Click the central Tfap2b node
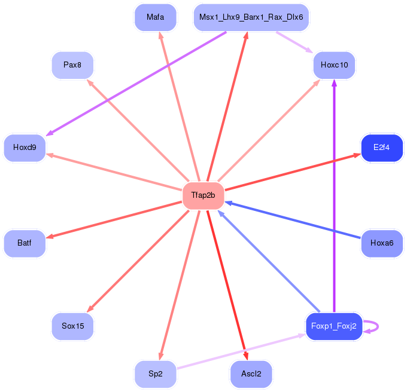tap(203, 195)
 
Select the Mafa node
tap(156, 17)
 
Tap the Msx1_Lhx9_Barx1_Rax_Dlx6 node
tap(251, 17)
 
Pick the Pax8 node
tap(72, 65)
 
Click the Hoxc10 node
tap(335, 65)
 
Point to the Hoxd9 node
tap(25, 148)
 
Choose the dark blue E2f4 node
tap(382, 148)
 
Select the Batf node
tap(25, 243)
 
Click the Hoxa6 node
tap(382, 243)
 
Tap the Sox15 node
tap(72, 326)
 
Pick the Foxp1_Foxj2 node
tap(334, 326)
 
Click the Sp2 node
tap(156, 374)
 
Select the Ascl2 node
tap(251, 374)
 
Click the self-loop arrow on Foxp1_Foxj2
tap(378, 326)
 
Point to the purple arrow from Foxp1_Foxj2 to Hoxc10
tap(335, 195)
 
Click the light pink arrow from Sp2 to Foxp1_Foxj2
tap(241, 351)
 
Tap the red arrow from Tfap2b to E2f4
tap(293, 172)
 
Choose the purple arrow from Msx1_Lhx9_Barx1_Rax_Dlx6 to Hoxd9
tap(136, 84)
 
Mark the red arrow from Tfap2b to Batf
tap(114, 220)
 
